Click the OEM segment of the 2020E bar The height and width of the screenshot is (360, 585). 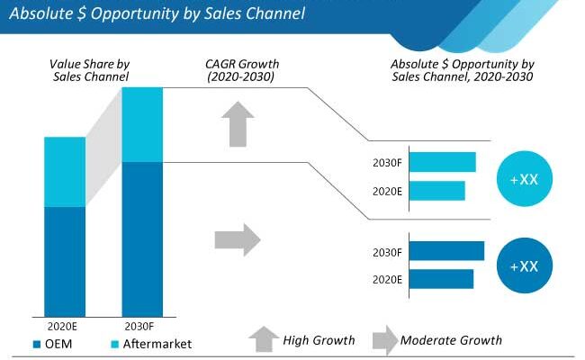(65, 261)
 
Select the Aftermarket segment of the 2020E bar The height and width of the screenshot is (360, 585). (65, 172)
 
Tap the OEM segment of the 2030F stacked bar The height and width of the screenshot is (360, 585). (142, 238)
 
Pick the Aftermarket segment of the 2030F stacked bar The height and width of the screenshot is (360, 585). (142, 124)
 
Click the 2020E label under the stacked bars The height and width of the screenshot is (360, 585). (65, 325)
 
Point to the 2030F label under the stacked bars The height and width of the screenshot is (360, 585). (142, 325)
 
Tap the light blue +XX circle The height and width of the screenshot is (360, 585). (524, 179)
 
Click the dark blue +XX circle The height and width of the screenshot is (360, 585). (524, 266)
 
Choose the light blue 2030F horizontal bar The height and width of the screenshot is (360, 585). (443, 162)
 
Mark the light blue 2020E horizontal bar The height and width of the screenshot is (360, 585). (437, 191)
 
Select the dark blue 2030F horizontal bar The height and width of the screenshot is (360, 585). (447, 251)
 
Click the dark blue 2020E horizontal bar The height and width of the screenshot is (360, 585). (442, 279)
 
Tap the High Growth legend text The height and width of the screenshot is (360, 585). (319, 340)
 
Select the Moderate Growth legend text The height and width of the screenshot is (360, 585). (451, 340)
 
